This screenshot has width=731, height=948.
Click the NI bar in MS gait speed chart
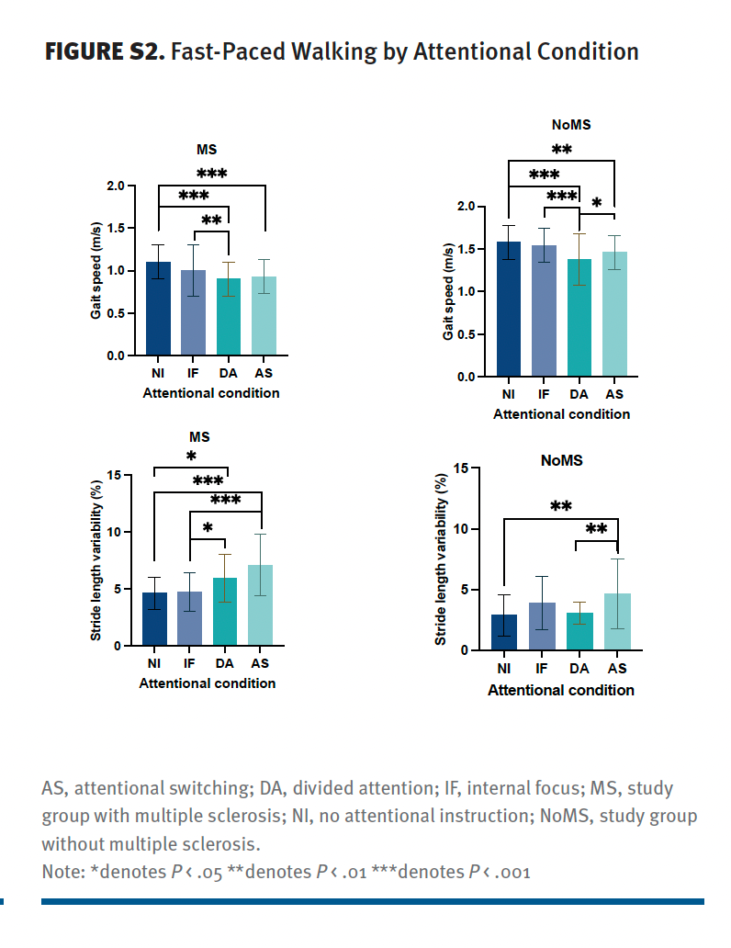tap(159, 309)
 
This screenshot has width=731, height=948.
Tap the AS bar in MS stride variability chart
tap(261, 605)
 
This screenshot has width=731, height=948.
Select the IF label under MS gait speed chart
tap(193, 374)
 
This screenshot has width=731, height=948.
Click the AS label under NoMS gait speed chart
tap(614, 395)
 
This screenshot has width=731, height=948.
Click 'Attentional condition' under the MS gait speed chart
tap(211, 392)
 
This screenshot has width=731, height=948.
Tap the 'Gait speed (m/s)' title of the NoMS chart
tap(448, 292)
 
